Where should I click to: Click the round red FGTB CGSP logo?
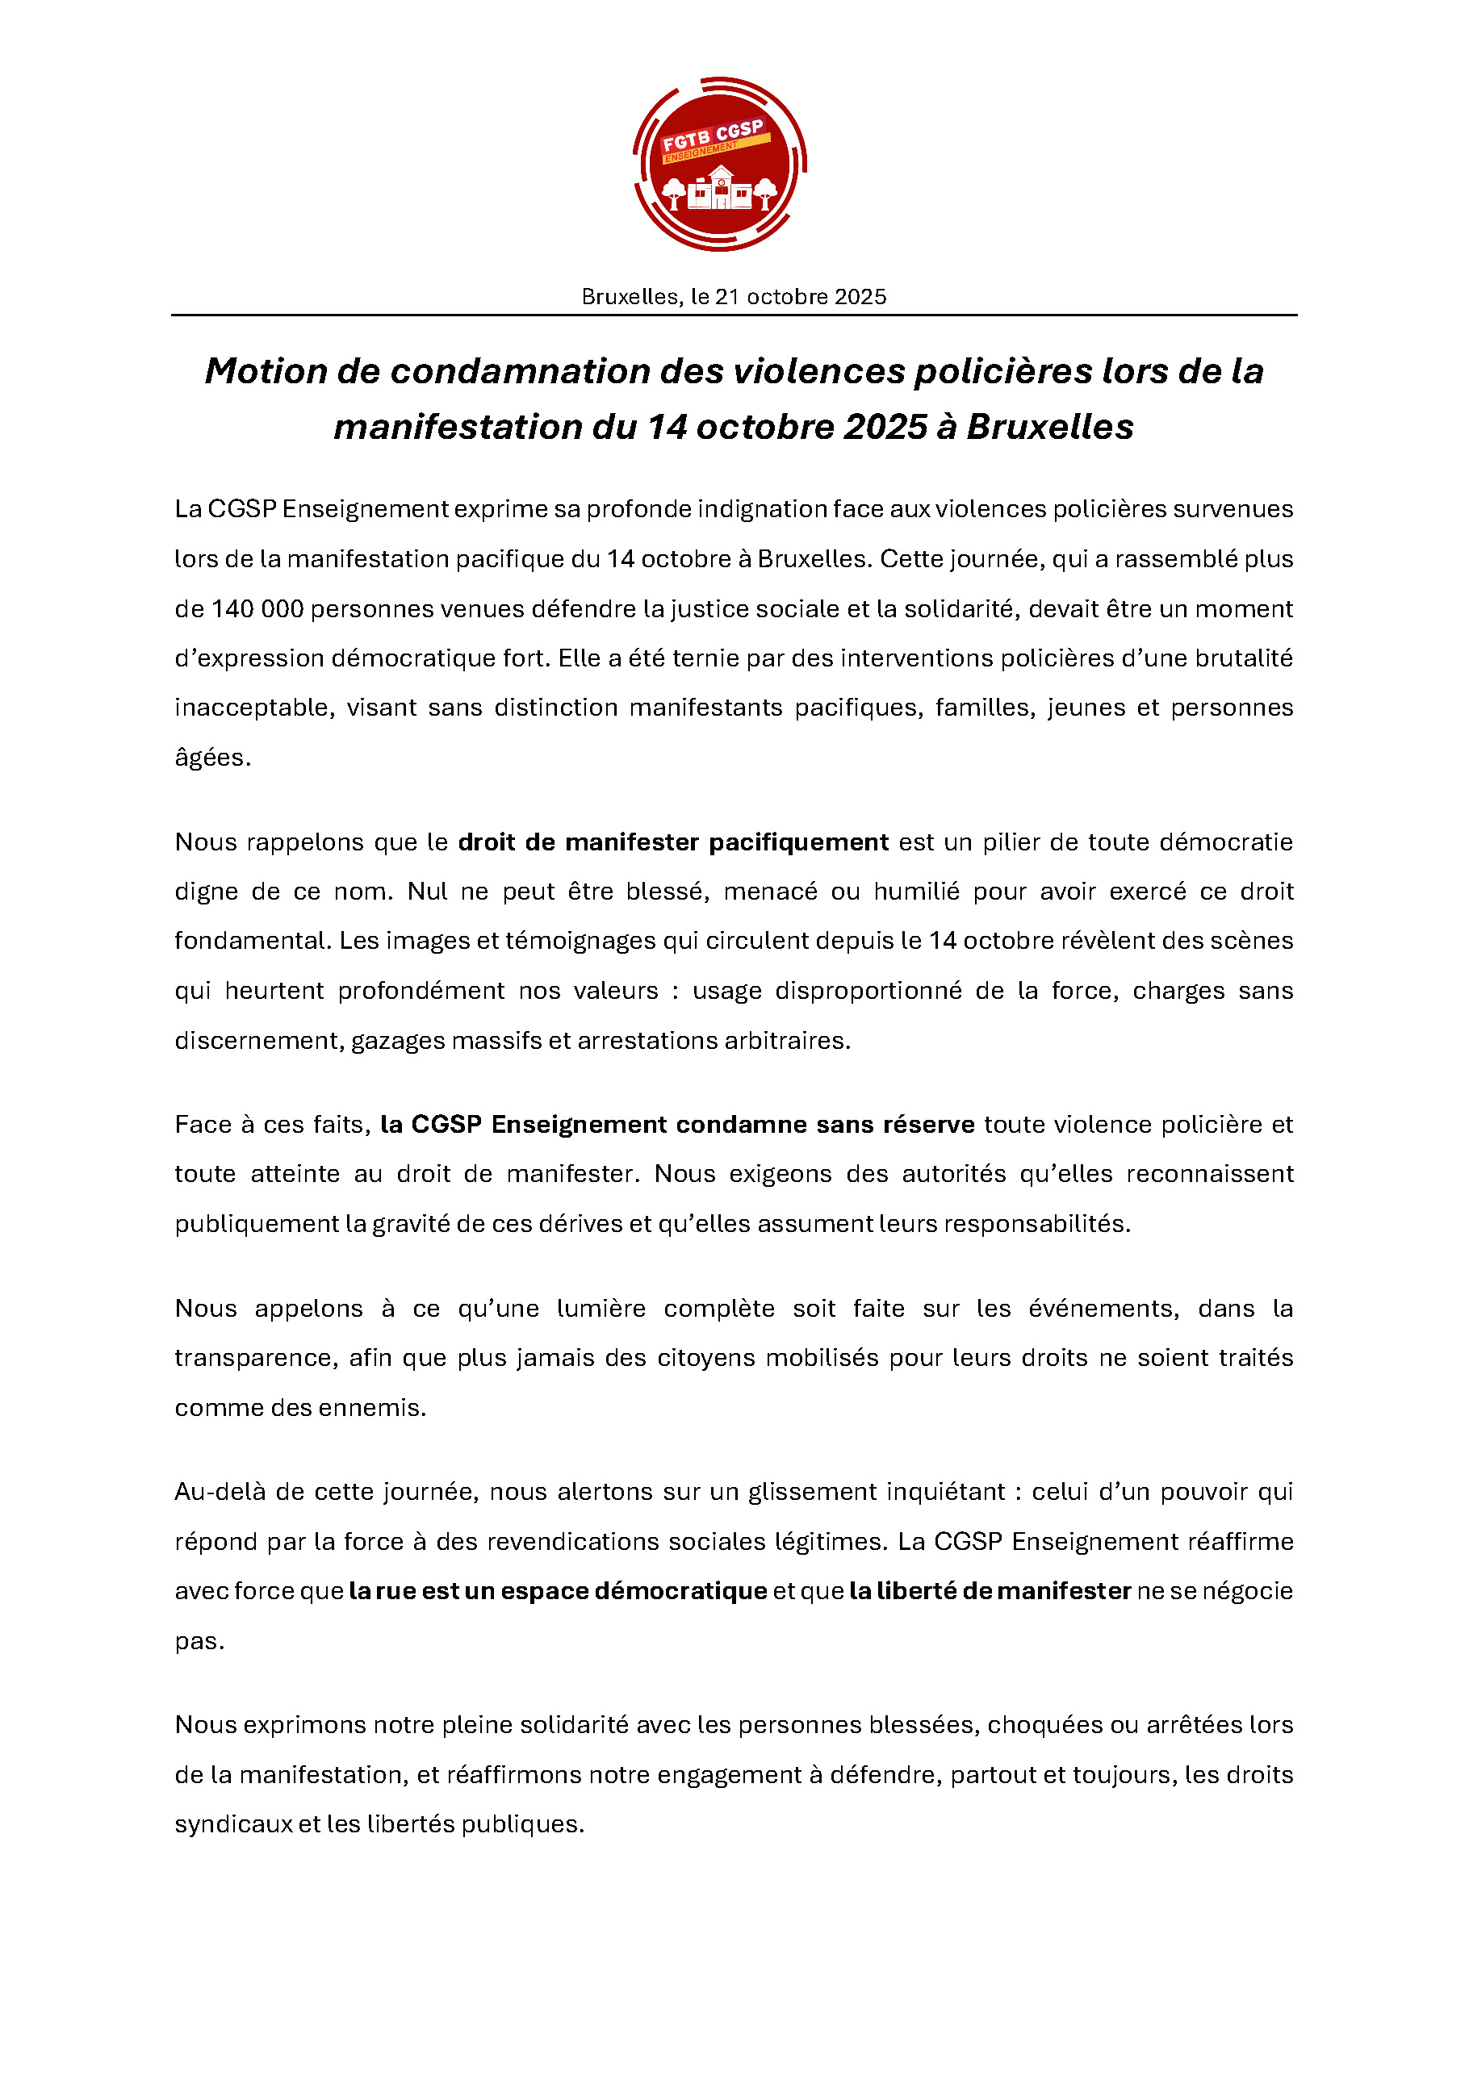point(719,164)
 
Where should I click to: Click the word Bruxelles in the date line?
point(630,297)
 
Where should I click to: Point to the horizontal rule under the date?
point(734,315)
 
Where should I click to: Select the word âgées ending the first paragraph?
point(211,757)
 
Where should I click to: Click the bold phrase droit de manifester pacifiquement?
point(673,842)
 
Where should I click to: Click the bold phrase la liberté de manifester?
point(990,1590)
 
